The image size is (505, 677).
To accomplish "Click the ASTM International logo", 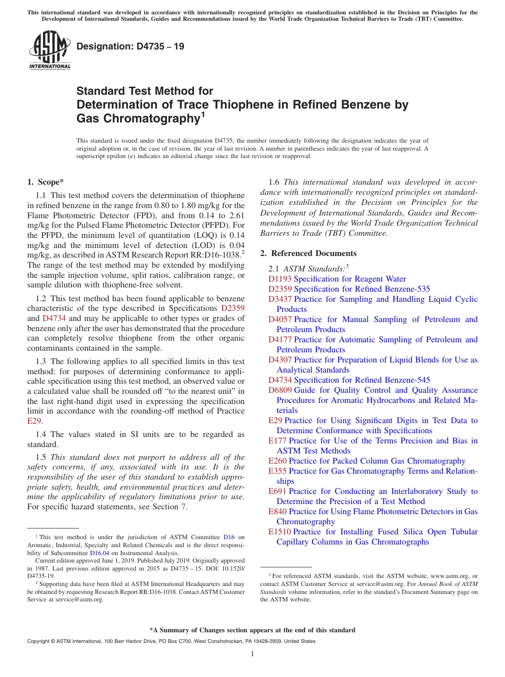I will [49, 51].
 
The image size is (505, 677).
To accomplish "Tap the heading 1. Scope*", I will [46, 181].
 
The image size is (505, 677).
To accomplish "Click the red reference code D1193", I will [280, 279].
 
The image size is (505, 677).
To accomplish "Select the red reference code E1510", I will [280, 532].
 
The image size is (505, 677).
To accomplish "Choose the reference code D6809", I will [280, 390].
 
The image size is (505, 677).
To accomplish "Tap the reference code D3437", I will [280, 299].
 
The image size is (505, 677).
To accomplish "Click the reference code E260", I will [277, 461].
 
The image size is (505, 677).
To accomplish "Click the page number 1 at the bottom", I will [252, 654].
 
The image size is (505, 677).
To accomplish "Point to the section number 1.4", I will [41, 434].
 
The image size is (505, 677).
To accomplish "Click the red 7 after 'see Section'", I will [184, 507].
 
